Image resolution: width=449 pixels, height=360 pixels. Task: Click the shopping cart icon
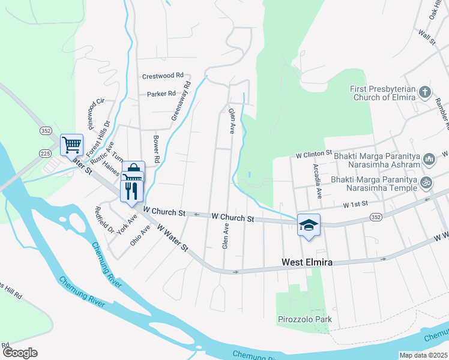[x=71, y=144]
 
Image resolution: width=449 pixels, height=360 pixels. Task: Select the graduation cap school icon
[x=309, y=225]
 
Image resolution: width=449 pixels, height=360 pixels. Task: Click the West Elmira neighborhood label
[x=307, y=263]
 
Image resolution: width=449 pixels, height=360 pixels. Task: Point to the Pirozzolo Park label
[x=305, y=319]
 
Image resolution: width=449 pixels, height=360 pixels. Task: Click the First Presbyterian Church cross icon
[x=424, y=92]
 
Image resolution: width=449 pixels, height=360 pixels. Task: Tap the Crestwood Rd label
[x=163, y=76]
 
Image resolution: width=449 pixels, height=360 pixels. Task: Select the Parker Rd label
[x=161, y=94]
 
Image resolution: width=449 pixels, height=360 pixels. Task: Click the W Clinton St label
[x=314, y=154]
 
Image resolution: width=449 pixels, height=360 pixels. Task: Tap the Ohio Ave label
[x=140, y=235]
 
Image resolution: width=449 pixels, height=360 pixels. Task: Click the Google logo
[x=20, y=353]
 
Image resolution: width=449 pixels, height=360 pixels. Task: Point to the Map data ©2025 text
[x=424, y=355]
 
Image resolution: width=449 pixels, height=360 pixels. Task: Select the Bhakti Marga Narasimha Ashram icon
[x=429, y=159]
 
